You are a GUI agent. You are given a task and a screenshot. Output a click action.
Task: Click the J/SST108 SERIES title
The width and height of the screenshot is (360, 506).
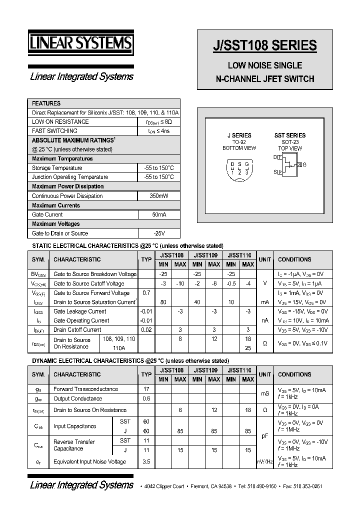click(265, 45)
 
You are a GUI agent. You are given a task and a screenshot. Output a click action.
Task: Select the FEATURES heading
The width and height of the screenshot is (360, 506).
click(46, 103)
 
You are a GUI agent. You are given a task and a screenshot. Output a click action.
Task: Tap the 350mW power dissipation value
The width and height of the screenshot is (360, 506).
click(158, 196)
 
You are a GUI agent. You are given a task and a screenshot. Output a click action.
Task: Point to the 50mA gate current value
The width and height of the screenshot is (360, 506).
click(158, 214)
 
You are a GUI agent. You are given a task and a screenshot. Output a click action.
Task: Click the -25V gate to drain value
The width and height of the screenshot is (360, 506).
click(158, 233)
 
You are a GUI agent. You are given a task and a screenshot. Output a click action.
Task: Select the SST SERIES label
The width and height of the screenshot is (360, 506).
click(289, 135)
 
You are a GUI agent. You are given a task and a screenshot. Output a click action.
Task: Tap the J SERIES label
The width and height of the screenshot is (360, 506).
click(239, 135)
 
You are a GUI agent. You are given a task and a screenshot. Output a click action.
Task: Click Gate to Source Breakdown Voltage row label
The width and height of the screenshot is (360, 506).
click(94, 274)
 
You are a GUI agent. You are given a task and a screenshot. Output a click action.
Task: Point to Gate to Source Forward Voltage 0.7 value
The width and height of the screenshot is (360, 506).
click(146, 293)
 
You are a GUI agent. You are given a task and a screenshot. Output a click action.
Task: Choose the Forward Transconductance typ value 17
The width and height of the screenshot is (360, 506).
click(146, 389)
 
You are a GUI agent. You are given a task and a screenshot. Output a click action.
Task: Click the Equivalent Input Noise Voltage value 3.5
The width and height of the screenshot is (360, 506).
click(146, 462)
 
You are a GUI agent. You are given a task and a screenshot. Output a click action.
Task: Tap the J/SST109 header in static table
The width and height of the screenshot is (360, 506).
click(205, 255)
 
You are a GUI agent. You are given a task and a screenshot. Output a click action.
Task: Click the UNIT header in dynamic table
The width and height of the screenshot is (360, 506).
click(265, 374)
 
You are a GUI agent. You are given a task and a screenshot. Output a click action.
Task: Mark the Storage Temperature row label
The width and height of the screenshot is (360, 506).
click(57, 168)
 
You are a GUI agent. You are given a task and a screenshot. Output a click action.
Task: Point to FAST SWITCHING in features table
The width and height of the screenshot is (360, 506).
click(54, 131)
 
